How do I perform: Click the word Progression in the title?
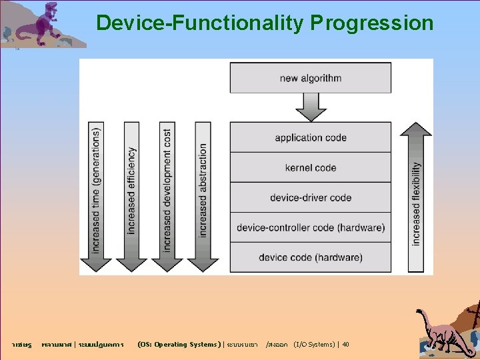tap(372, 24)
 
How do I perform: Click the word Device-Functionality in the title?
tap(199, 24)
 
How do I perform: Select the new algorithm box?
tap(311, 78)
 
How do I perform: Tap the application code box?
tap(311, 137)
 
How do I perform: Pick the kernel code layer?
tap(311, 167)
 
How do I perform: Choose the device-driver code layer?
tap(311, 197)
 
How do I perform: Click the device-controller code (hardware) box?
tap(311, 227)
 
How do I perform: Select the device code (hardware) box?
tap(311, 257)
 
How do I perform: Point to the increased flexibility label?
tap(417, 203)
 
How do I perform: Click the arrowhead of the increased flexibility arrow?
tap(417, 129)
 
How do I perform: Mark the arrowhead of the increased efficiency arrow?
tap(131, 263)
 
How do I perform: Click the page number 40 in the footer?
tap(345, 345)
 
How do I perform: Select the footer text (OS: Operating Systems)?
tap(177, 345)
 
